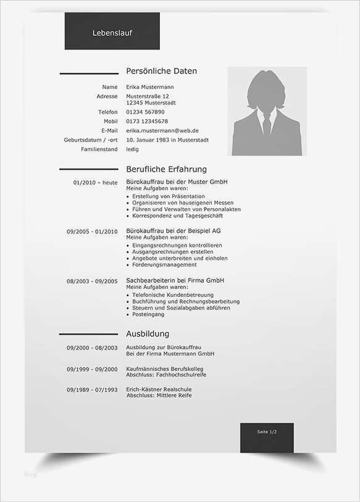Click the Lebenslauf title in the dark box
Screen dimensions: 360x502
coord(112,33)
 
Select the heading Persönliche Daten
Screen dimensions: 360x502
coord(161,71)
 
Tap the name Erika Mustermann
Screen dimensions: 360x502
coord(149,87)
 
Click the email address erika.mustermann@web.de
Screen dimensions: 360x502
coord(162,130)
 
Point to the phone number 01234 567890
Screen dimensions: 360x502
coord(145,112)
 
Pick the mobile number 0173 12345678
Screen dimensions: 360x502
coord(147,121)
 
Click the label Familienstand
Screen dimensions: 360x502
coord(99,149)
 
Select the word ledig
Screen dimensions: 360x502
coord(132,149)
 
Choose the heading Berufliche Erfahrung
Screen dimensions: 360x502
coord(166,169)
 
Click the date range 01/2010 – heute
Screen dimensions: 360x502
coord(95,183)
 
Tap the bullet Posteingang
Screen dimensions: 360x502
coord(148,314)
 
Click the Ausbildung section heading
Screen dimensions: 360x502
coord(147,334)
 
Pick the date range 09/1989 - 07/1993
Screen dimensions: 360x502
coord(92,390)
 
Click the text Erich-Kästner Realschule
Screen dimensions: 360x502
coord(159,390)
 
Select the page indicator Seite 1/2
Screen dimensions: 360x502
coord(267,432)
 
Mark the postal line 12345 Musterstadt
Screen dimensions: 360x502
coord(151,102)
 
